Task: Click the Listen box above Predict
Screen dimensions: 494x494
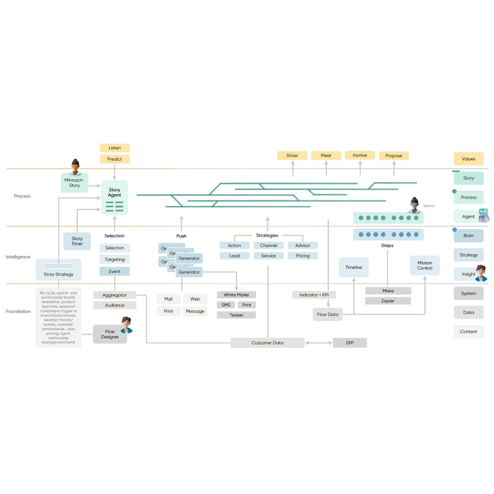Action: coord(115,148)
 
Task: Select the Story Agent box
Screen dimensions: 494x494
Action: coord(115,197)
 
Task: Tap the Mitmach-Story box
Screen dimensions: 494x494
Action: coord(75,183)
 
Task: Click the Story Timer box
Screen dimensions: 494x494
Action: coord(77,241)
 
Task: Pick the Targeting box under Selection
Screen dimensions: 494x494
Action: coord(115,260)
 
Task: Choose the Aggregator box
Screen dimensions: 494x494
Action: coord(115,295)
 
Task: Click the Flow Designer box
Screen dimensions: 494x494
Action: coord(110,334)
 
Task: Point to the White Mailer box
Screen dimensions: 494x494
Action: coord(237,295)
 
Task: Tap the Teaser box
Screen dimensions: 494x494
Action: coord(237,315)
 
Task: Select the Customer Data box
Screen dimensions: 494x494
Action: coord(268,343)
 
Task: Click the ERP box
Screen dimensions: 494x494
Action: coord(350,343)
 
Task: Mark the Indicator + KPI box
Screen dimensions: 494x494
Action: coord(314,295)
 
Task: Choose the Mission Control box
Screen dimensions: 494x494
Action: coord(425,266)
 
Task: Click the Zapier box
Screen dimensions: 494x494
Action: coord(388,301)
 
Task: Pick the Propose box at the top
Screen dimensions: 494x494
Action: coord(394,156)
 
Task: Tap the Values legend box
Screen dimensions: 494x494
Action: coord(469,159)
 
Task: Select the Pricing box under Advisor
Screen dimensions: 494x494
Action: coord(303,256)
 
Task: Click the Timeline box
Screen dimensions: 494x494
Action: coord(354,267)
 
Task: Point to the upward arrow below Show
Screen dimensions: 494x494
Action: coord(293,169)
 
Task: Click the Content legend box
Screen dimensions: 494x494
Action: coord(469,332)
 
